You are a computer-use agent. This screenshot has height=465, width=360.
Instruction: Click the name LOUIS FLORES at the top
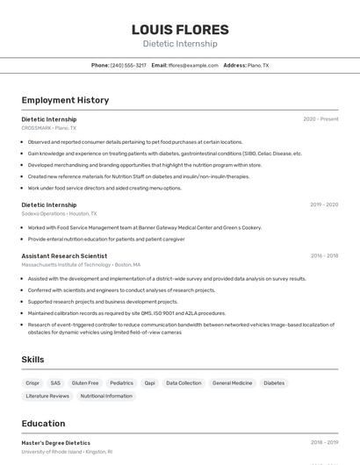tap(179, 30)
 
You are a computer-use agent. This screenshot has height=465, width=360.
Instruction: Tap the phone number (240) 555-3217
tap(128, 65)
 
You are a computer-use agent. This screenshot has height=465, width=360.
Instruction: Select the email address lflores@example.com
tap(193, 65)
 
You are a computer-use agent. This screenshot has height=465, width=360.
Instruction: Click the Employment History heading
tap(65, 100)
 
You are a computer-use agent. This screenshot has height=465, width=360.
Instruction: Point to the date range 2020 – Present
tap(320, 119)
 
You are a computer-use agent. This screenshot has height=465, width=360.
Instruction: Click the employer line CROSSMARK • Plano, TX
tap(49, 128)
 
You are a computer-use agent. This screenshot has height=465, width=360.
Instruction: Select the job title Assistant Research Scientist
tap(64, 255)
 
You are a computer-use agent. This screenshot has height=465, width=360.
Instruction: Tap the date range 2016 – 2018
tap(324, 255)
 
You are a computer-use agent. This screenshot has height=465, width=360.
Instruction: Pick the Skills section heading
tap(33, 360)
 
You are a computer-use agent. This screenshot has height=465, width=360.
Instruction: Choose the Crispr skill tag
tap(32, 383)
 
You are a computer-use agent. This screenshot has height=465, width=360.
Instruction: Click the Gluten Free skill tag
tap(85, 383)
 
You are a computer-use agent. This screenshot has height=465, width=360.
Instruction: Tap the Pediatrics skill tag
tap(121, 383)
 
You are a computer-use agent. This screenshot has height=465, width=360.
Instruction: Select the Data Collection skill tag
tap(184, 383)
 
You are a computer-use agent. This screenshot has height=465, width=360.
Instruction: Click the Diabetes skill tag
tap(274, 383)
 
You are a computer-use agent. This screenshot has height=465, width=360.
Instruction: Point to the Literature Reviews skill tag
tap(47, 396)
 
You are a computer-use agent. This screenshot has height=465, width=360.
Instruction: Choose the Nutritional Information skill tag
tap(106, 396)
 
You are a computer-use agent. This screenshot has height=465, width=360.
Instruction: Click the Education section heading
tap(43, 423)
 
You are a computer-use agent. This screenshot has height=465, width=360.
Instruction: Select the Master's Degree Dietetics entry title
tap(56, 443)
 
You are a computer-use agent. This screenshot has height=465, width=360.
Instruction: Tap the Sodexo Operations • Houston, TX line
tap(59, 213)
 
